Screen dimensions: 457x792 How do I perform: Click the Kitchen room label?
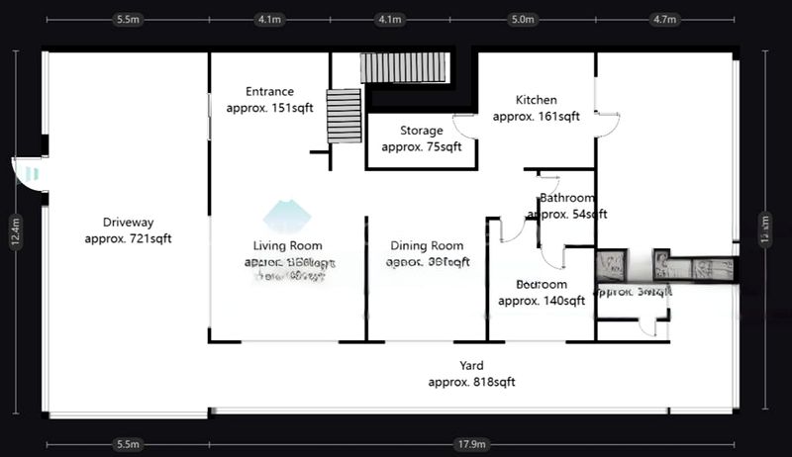(536, 100)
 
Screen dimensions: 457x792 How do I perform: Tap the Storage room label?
(421, 131)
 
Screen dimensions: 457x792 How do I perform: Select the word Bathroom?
(566, 198)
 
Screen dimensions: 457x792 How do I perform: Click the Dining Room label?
(427, 246)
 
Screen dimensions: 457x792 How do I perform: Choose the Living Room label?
(287, 245)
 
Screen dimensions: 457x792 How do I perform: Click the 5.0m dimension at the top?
(522, 19)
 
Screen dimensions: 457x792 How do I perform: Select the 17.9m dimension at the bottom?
(471, 445)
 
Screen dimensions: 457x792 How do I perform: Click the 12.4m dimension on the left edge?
(16, 233)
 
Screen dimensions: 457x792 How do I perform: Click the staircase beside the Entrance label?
(345, 117)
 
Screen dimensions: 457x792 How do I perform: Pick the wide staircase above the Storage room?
(404, 68)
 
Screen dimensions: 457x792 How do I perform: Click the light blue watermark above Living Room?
(286, 215)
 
